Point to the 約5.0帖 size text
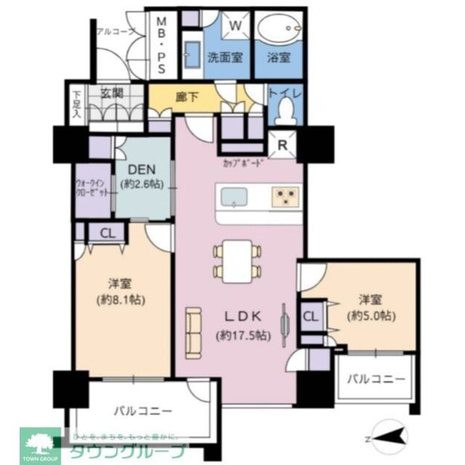pos(371,316)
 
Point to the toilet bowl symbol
pos(286,111)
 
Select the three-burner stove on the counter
pos(285,196)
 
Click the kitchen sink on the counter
pos(234,196)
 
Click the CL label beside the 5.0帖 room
pos(309,317)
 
